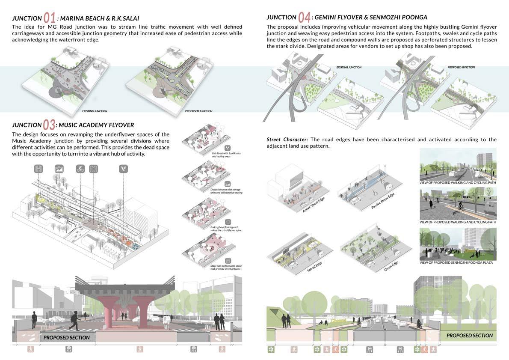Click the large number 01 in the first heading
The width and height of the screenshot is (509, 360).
pos(50,18)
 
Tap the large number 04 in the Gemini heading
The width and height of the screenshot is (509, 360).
pos(304,18)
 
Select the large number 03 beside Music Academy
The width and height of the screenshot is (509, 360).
pos(49,125)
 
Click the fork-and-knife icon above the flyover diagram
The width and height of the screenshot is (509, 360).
pos(123,169)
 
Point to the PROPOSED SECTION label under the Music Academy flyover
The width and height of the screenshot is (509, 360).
pos(67,337)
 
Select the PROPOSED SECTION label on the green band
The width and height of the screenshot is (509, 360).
pos(470,335)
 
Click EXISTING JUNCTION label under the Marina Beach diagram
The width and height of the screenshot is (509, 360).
pos(95,111)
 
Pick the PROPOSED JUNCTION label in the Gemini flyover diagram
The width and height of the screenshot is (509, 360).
pos(461,67)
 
